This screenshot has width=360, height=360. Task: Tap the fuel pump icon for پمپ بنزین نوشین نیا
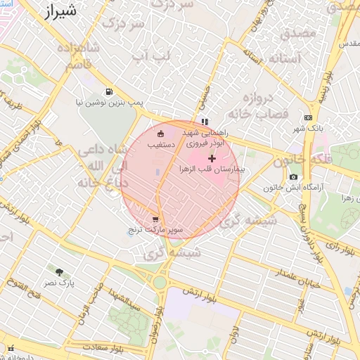pos(108,91)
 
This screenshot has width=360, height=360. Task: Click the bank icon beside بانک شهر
pos(308,117)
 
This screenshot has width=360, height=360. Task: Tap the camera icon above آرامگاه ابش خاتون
pos(293,176)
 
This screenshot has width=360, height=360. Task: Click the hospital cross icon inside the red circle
pos(212,159)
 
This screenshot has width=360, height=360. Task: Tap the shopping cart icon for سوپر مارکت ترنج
pos(155,219)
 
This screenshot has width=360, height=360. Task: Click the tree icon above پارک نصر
pos(59,271)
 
